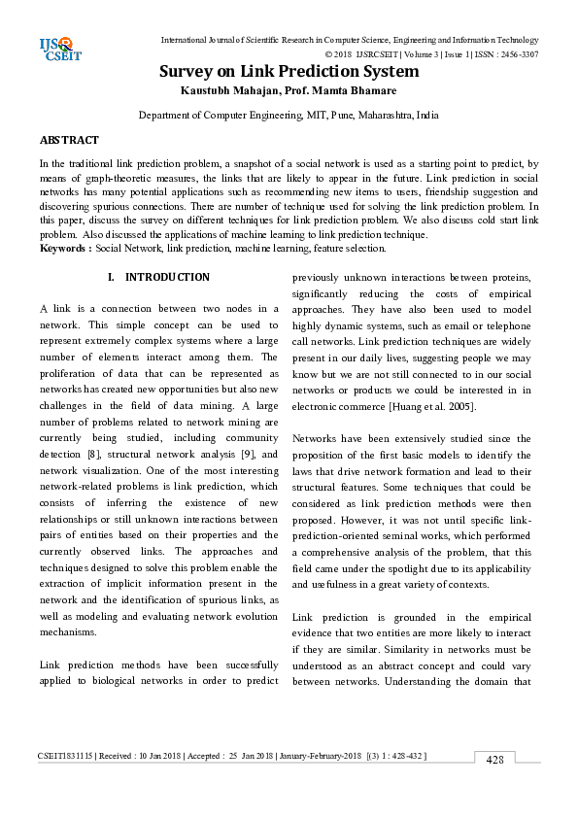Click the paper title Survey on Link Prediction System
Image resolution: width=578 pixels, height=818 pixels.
point(289,72)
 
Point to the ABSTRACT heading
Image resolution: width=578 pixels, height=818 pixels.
point(69,141)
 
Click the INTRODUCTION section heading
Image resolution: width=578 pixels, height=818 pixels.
point(167,278)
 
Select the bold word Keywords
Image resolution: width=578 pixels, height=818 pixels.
point(63,249)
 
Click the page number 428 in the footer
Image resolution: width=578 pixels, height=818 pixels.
point(494,760)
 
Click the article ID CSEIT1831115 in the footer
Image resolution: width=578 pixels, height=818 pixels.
point(65,755)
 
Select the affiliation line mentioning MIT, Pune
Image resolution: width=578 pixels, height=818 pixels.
point(289,115)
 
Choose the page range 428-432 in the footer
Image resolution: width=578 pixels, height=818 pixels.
point(404,755)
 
